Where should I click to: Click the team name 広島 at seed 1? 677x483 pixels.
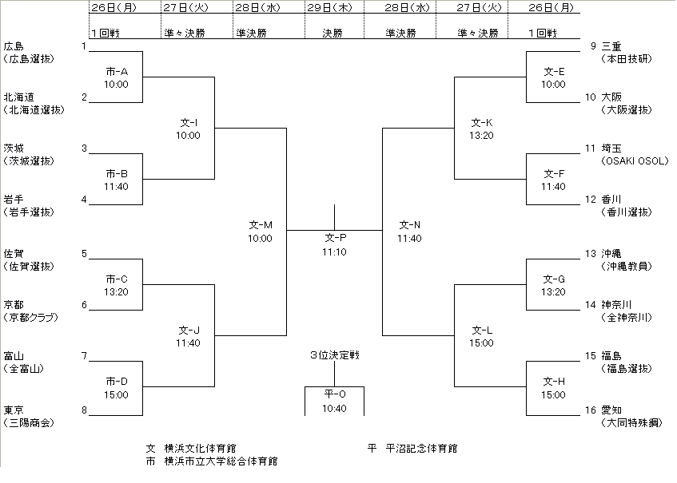(14, 46)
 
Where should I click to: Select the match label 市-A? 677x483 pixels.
(117, 72)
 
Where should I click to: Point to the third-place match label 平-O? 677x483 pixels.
(335, 394)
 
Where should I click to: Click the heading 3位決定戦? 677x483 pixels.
(335, 355)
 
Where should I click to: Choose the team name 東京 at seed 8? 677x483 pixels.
(14, 410)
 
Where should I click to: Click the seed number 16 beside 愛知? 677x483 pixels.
(591, 410)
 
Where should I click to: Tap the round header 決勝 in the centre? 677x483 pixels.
(334, 34)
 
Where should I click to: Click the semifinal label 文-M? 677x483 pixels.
(261, 225)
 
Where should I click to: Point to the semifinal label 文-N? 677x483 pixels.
(409, 225)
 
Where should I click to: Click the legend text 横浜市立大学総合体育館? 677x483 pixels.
(221, 461)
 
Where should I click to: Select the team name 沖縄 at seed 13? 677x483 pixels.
(611, 253)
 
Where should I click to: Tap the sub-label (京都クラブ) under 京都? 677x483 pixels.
(30, 317)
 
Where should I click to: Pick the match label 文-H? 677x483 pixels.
(553, 382)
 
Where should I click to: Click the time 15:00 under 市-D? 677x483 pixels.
(117, 394)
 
